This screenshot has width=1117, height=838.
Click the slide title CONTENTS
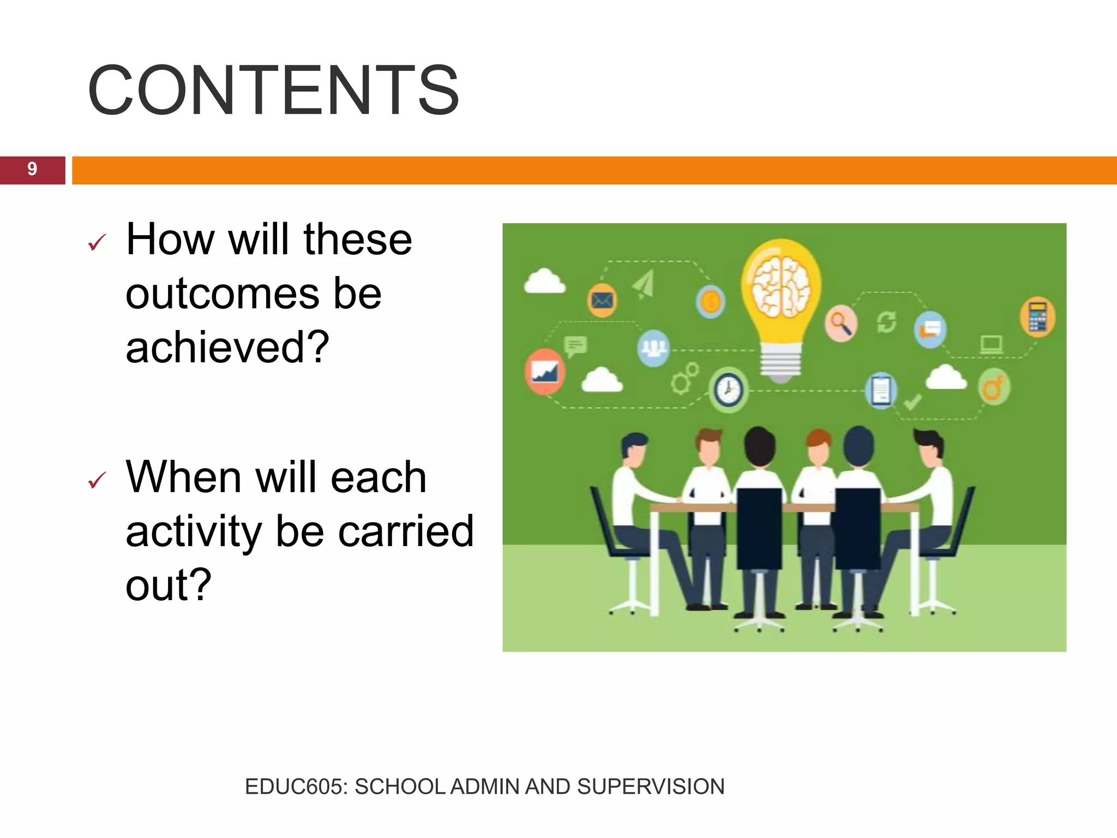pyautogui.click(x=273, y=90)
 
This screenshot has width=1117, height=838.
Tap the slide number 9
pyautogui.click(x=32, y=169)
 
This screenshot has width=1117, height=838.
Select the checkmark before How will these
pyautogui.click(x=97, y=243)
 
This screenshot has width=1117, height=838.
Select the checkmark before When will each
pyautogui.click(x=97, y=480)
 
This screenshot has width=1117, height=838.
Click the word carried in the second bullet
pyautogui.click(x=406, y=531)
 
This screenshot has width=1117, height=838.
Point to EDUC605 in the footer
pyautogui.click(x=295, y=787)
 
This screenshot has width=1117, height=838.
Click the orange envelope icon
pyautogui.click(x=602, y=300)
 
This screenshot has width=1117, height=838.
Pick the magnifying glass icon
pyautogui.click(x=840, y=323)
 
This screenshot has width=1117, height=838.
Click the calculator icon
pyautogui.click(x=1037, y=317)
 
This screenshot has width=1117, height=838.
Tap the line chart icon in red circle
pyautogui.click(x=545, y=372)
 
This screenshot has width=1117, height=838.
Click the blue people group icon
pyautogui.click(x=653, y=348)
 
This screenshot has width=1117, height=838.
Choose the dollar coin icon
pyautogui.click(x=711, y=301)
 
